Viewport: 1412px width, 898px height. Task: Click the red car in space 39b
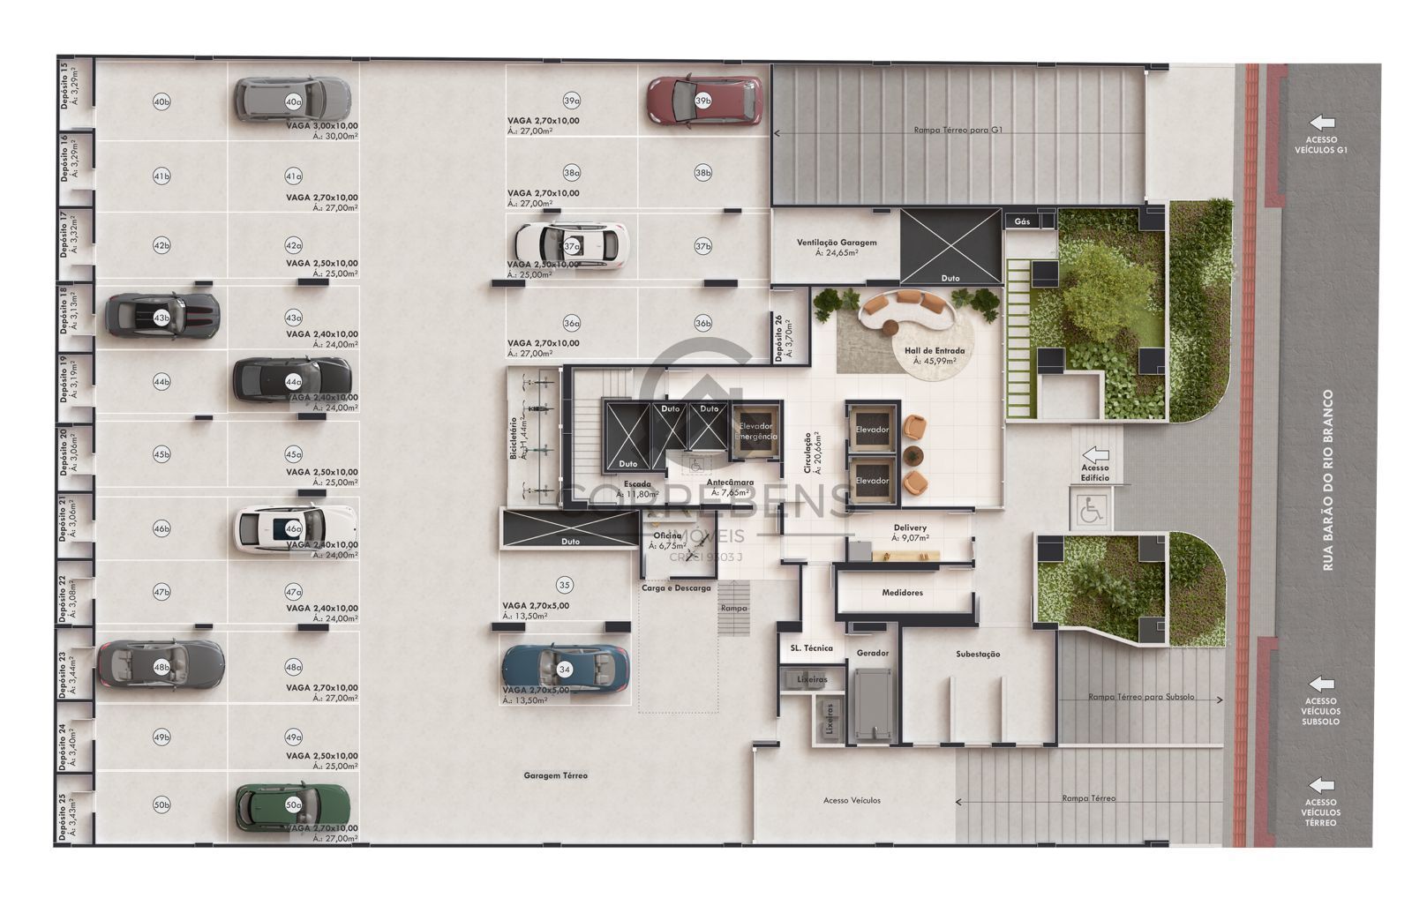pos(704,101)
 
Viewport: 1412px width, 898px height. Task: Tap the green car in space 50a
pos(292,805)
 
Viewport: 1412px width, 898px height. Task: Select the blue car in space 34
pos(565,669)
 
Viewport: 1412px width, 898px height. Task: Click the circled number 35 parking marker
pos(565,585)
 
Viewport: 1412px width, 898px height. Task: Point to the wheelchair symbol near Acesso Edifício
pos(1092,511)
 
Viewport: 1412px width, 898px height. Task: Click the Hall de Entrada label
pos(935,350)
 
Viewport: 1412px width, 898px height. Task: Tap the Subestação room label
pos(978,654)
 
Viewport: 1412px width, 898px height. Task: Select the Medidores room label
pos(902,593)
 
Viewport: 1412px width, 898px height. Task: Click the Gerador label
pos(872,653)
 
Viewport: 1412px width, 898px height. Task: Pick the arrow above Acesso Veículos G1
pos(1321,123)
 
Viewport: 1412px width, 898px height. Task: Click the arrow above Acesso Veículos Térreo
pos(1321,784)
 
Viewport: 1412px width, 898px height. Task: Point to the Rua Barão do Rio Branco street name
pos(1328,481)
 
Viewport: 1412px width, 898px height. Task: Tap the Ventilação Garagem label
pos(837,243)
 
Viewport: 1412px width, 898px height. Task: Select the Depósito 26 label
pos(778,339)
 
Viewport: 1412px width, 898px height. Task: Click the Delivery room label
pos(910,528)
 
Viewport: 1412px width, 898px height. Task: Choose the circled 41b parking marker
pos(161,176)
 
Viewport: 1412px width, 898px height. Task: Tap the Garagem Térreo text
pos(555,775)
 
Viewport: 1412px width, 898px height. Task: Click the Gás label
pos(1022,221)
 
